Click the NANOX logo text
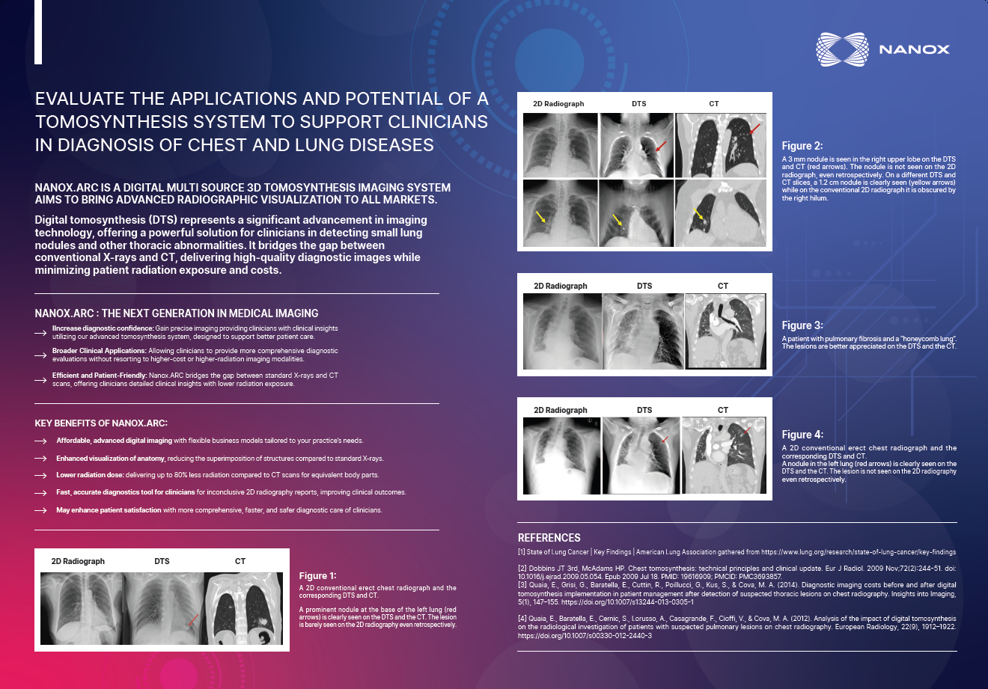click(914, 49)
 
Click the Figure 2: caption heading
click(802, 146)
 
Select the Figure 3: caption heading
click(802, 325)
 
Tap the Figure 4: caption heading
click(802, 435)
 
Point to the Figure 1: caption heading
click(317, 576)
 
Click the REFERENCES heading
click(549, 538)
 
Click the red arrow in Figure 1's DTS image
click(193, 619)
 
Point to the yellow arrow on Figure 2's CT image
click(698, 214)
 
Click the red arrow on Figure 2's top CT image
click(754, 129)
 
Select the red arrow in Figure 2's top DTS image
click(661, 146)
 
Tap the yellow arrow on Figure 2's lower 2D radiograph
click(540, 216)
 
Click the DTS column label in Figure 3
click(644, 286)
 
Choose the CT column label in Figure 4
click(722, 410)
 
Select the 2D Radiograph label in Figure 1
click(78, 561)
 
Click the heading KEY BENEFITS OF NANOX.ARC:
click(101, 423)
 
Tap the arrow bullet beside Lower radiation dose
click(40, 475)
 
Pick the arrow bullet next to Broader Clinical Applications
click(40, 355)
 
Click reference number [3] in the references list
click(522, 585)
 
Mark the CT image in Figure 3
click(725, 331)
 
